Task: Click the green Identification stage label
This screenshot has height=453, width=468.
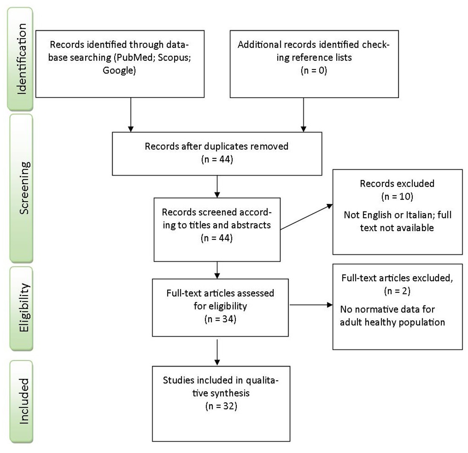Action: click(20, 59)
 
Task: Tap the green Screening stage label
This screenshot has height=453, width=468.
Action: click(21, 188)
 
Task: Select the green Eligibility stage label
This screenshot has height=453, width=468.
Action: click(21, 308)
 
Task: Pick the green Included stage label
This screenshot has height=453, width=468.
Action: click(21, 401)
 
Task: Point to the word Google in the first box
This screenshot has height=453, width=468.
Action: click(119, 70)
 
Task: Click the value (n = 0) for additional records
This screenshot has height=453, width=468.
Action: click(314, 70)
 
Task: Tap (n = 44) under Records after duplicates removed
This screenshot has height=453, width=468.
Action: click(217, 159)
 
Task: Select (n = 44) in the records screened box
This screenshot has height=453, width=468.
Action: click(217, 238)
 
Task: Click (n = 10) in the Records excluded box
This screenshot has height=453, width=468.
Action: click(397, 197)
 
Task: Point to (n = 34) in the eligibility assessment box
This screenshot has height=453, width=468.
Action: click(220, 319)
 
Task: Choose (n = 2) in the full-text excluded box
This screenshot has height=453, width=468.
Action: click(397, 291)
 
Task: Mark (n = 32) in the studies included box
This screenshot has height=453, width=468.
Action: click(221, 406)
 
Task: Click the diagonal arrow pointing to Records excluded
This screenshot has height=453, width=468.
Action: click(306, 217)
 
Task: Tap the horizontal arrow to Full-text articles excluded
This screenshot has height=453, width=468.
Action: click(311, 305)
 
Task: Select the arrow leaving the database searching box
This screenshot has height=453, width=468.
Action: click(131, 115)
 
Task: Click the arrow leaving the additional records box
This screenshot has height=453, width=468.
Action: click(303, 115)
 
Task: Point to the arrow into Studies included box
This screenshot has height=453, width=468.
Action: click(217, 352)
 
